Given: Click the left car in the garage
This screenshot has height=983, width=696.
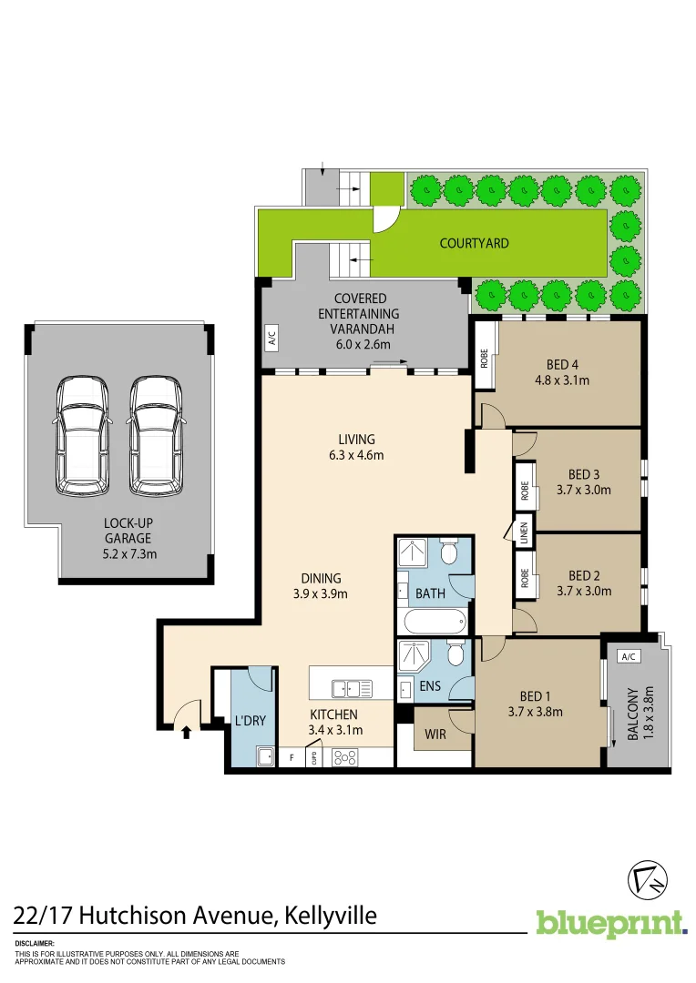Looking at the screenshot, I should [x=81, y=436].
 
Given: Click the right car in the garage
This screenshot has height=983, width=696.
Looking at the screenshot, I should [x=156, y=436].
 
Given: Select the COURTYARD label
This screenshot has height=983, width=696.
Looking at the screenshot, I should [x=474, y=243].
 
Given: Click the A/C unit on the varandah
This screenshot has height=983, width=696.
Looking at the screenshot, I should [x=271, y=338].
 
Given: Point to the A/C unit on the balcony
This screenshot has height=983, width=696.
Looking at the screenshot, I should [x=628, y=656].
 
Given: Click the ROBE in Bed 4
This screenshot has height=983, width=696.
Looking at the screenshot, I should [x=485, y=358].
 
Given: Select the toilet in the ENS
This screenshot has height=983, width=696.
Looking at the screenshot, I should [x=455, y=656].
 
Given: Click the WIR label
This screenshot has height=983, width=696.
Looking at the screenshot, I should [x=435, y=734].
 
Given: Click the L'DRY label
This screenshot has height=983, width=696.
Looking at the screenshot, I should [x=250, y=721].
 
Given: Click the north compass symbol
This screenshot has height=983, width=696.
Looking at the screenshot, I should [x=649, y=879].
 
